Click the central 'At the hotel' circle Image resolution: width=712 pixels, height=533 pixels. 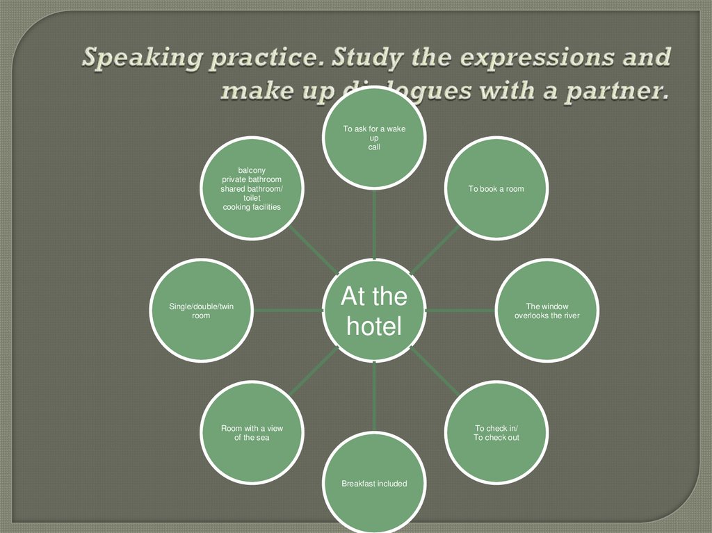375,310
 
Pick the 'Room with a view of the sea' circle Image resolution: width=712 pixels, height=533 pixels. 252,434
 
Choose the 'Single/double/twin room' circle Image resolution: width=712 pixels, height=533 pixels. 201,310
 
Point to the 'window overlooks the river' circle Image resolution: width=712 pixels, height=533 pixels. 547,310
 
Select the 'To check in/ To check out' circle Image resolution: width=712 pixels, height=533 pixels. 496,434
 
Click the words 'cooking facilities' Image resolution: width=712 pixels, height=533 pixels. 252,207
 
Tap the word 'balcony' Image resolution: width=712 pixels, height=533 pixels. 252,170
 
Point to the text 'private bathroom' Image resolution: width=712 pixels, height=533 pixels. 252,179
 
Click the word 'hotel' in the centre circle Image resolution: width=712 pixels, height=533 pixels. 375,326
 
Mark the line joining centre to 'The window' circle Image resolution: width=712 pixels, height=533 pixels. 459,310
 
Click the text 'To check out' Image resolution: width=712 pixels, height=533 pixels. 496,438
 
